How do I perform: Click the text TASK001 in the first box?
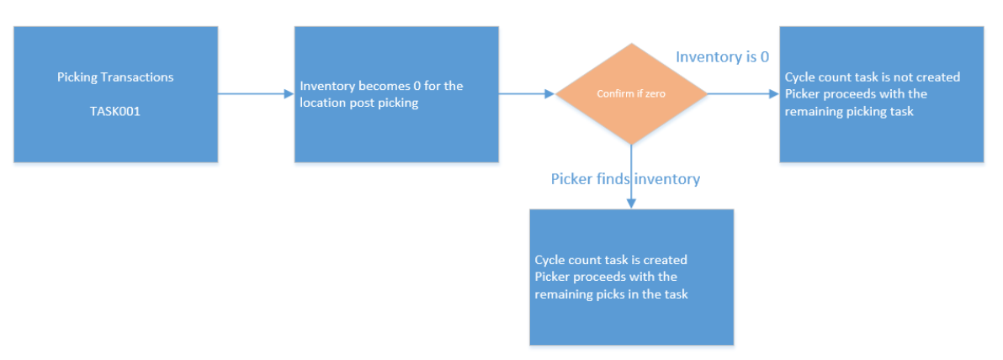coord(115,110)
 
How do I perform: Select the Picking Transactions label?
coord(115,77)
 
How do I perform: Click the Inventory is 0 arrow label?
coord(722,57)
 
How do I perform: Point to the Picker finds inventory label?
coord(625,178)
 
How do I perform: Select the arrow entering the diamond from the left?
coord(527,94)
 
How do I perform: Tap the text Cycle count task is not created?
coord(872,77)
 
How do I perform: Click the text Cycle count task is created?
coord(611,260)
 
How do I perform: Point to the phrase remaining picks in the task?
coord(611,294)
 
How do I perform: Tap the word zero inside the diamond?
coord(655,94)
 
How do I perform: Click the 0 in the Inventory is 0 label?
coord(763,57)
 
